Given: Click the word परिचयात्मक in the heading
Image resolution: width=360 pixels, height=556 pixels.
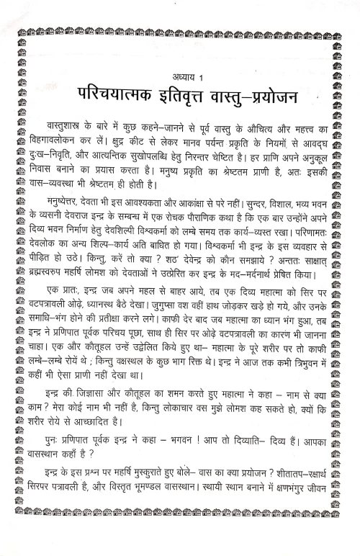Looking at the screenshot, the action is (116, 96).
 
